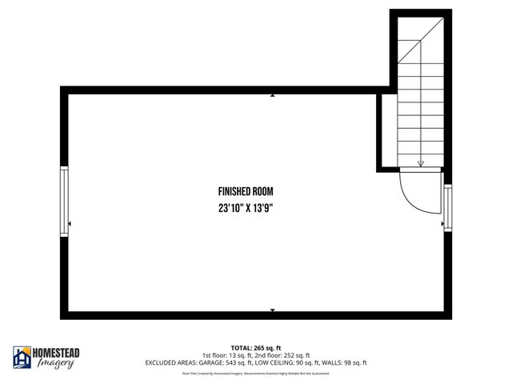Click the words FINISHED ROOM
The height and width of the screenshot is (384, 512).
click(x=246, y=192)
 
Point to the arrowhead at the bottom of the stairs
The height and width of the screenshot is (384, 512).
click(x=421, y=163)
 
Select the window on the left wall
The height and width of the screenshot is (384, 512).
click(x=64, y=201)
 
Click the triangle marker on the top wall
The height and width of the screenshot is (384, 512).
click(x=272, y=95)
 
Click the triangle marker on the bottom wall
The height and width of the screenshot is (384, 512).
click(x=272, y=310)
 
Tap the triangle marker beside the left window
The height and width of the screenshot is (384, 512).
click(x=71, y=224)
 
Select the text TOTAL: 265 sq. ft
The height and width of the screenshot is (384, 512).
click(x=255, y=348)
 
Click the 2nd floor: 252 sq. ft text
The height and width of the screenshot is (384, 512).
click(x=282, y=355)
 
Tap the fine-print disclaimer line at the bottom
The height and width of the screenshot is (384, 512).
click(x=255, y=373)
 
